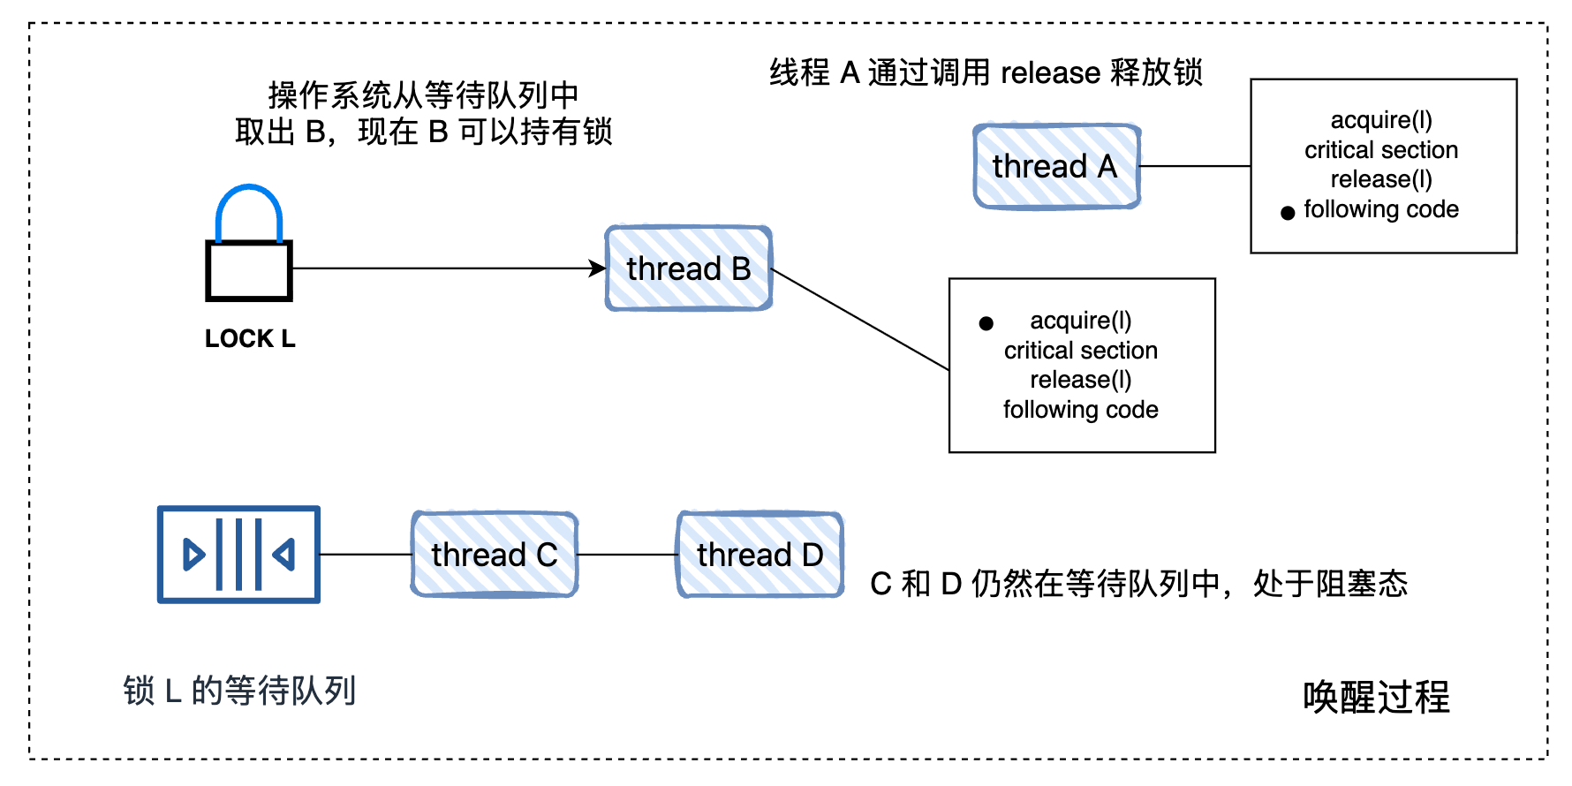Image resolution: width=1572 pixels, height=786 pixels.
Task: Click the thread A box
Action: pyautogui.click(x=1057, y=166)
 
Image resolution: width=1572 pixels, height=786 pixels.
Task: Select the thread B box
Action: pyautogui.click(x=689, y=268)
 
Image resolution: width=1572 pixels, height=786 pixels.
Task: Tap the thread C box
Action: pyautogui.click(x=495, y=555)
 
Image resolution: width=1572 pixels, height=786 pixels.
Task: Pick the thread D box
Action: pyautogui.click(x=760, y=555)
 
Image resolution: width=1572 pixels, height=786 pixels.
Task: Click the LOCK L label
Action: pyautogui.click(x=250, y=339)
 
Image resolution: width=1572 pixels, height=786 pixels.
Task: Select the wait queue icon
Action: pyautogui.click(x=238, y=555)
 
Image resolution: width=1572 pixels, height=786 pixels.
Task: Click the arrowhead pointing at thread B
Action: pyautogui.click(x=598, y=268)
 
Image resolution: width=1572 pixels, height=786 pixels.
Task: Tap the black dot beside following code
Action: pyautogui.click(x=1288, y=213)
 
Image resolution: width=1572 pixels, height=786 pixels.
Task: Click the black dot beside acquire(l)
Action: pyautogui.click(x=986, y=324)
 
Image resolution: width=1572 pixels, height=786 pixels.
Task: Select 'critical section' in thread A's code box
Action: pyautogui.click(x=1381, y=150)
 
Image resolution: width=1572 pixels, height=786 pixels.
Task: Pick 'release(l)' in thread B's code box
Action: pyautogui.click(x=1081, y=380)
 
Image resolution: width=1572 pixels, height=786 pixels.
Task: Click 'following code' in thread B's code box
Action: pyautogui.click(x=1081, y=410)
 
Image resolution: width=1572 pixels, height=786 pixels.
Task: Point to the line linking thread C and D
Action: pyautogui.click(x=628, y=555)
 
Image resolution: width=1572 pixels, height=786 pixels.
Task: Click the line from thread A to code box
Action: pyautogui.click(x=1196, y=166)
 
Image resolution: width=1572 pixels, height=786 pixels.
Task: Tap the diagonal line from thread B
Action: pyautogui.click(x=860, y=319)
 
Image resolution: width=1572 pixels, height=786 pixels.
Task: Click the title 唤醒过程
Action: pyautogui.click(x=1376, y=697)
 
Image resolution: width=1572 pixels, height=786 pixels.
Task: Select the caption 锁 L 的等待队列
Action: pyautogui.click(x=239, y=691)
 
